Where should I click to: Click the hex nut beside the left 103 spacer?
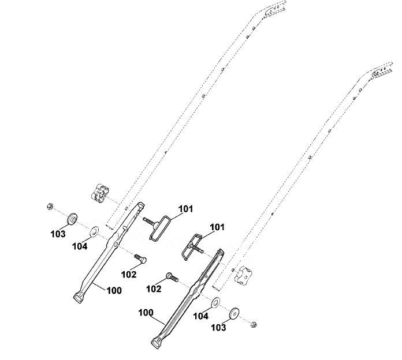click(50, 206)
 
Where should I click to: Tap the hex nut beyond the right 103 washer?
click(254, 324)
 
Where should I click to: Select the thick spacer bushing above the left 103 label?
click(73, 219)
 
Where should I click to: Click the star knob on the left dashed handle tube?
click(100, 193)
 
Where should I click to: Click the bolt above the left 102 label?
click(140, 258)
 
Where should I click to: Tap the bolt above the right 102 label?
click(173, 277)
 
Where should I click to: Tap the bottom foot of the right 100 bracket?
click(157, 343)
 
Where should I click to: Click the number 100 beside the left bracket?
click(114, 291)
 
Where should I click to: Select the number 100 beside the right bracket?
click(146, 313)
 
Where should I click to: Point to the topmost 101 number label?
click(185, 209)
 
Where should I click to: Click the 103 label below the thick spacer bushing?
click(58, 234)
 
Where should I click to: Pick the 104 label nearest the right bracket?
click(201, 316)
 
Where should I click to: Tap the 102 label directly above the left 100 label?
click(129, 275)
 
